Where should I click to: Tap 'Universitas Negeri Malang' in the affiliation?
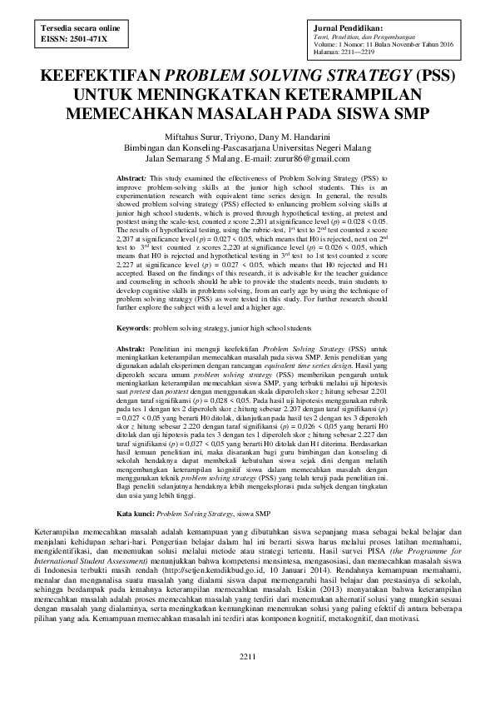click(x=324, y=147)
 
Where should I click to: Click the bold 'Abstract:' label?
click(x=131, y=179)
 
